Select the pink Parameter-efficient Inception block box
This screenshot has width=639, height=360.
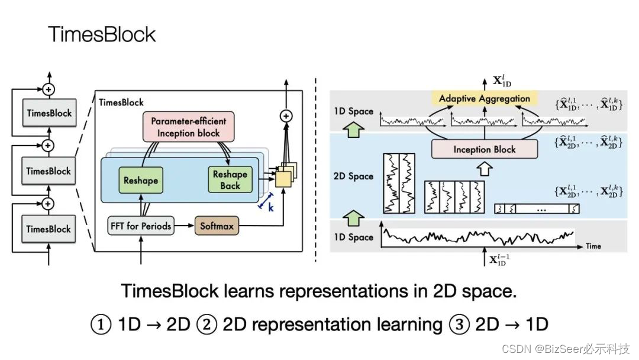coord(188,127)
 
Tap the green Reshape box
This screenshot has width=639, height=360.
coord(141,179)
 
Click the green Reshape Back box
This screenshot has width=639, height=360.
coord(230,179)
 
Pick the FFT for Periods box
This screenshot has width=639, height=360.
coord(141,226)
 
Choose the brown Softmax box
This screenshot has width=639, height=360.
coord(217,226)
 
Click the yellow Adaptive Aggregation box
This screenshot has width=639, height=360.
coord(485,98)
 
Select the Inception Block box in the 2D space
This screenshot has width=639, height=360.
coord(485,149)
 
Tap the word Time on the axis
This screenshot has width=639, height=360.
coord(593,245)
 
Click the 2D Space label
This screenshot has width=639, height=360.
coord(353,176)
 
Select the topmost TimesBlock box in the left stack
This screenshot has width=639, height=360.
coord(49,113)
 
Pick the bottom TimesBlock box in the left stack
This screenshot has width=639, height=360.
coord(49,229)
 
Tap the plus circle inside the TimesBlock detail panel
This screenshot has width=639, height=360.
coord(286,116)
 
